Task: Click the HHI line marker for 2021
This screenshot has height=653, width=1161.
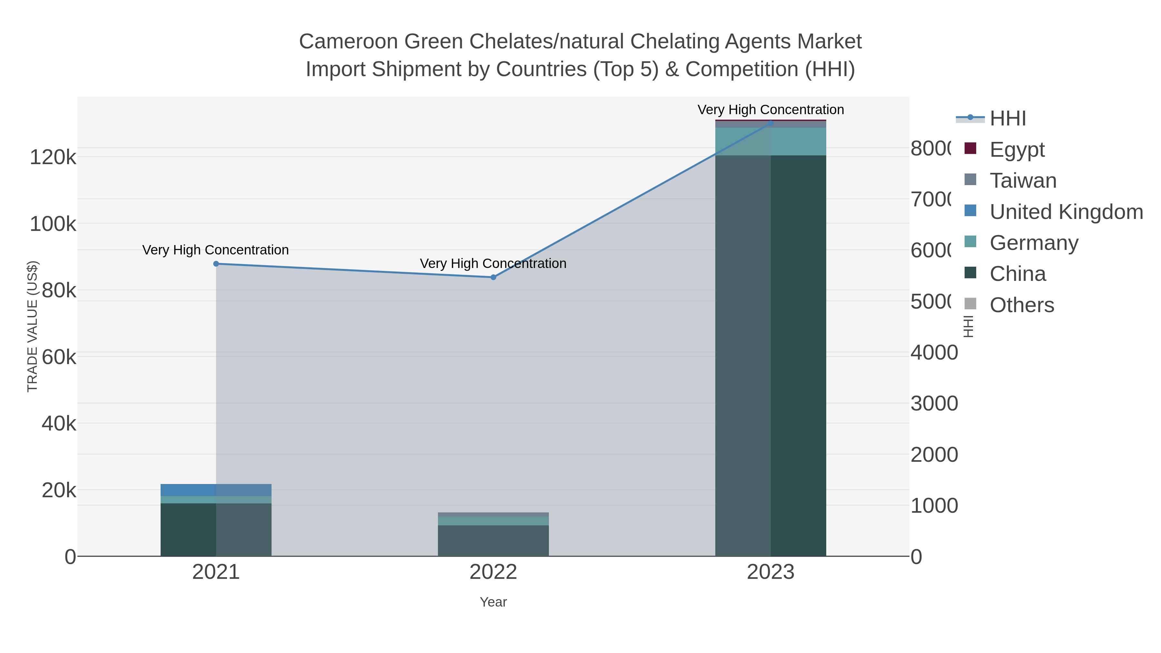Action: click(216, 264)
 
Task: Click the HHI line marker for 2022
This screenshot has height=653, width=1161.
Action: click(493, 277)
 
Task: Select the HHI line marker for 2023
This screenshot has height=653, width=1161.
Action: click(770, 123)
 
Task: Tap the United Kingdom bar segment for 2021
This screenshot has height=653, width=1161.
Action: click(216, 490)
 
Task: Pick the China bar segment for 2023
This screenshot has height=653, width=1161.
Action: click(770, 356)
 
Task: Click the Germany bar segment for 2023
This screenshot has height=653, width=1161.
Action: click(770, 142)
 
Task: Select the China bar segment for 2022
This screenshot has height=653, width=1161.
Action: click(493, 540)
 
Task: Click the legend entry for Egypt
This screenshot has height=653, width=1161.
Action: click(1017, 149)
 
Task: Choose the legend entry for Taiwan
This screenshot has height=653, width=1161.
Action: click(1023, 180)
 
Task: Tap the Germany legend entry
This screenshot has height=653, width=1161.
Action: click(1034, 242)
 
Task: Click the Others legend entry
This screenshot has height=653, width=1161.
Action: click(1021, 305)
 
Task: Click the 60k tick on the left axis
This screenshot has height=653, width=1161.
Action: click(59, 357)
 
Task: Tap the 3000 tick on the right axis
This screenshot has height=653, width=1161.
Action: click(934, 403)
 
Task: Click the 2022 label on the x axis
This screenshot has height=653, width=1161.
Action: click(493, 572)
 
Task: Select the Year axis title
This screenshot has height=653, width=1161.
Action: click(493, 602)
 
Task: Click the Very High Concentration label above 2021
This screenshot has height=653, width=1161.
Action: click(215, 250)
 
